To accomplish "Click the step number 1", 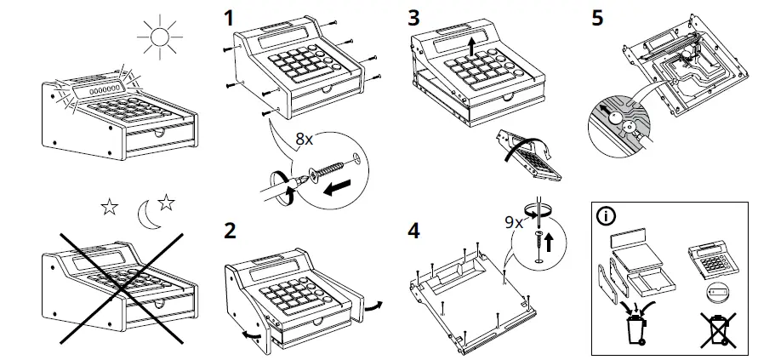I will (228, 17).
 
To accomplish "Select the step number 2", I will (228, 231).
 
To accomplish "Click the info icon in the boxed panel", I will (605, 214).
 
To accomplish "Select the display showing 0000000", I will (98, 88).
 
